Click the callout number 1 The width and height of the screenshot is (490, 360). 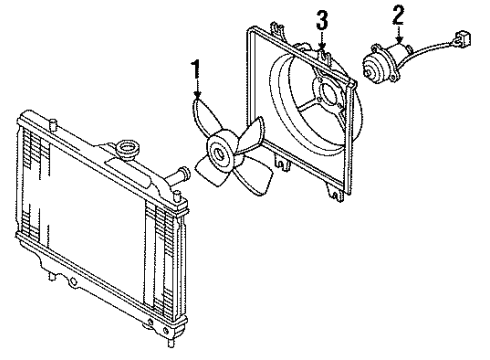coord(196,69)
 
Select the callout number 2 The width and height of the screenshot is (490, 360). coord(398,15)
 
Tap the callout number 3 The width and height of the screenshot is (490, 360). coord(322,20)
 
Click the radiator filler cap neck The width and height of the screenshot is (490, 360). coord(127,150)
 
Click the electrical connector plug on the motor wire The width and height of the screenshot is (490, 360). coord(462,39)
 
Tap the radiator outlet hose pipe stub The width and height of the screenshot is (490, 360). coord(179,176)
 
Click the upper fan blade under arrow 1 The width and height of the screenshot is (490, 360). coord(204,116)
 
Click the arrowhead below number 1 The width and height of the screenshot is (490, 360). coord(198,95)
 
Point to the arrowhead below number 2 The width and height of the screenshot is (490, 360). coord(399,40)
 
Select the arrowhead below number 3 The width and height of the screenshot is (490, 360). coord(322,46)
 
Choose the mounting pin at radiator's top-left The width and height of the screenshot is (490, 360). coord(53,124)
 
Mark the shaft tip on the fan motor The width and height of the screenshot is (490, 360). coord(367,71)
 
